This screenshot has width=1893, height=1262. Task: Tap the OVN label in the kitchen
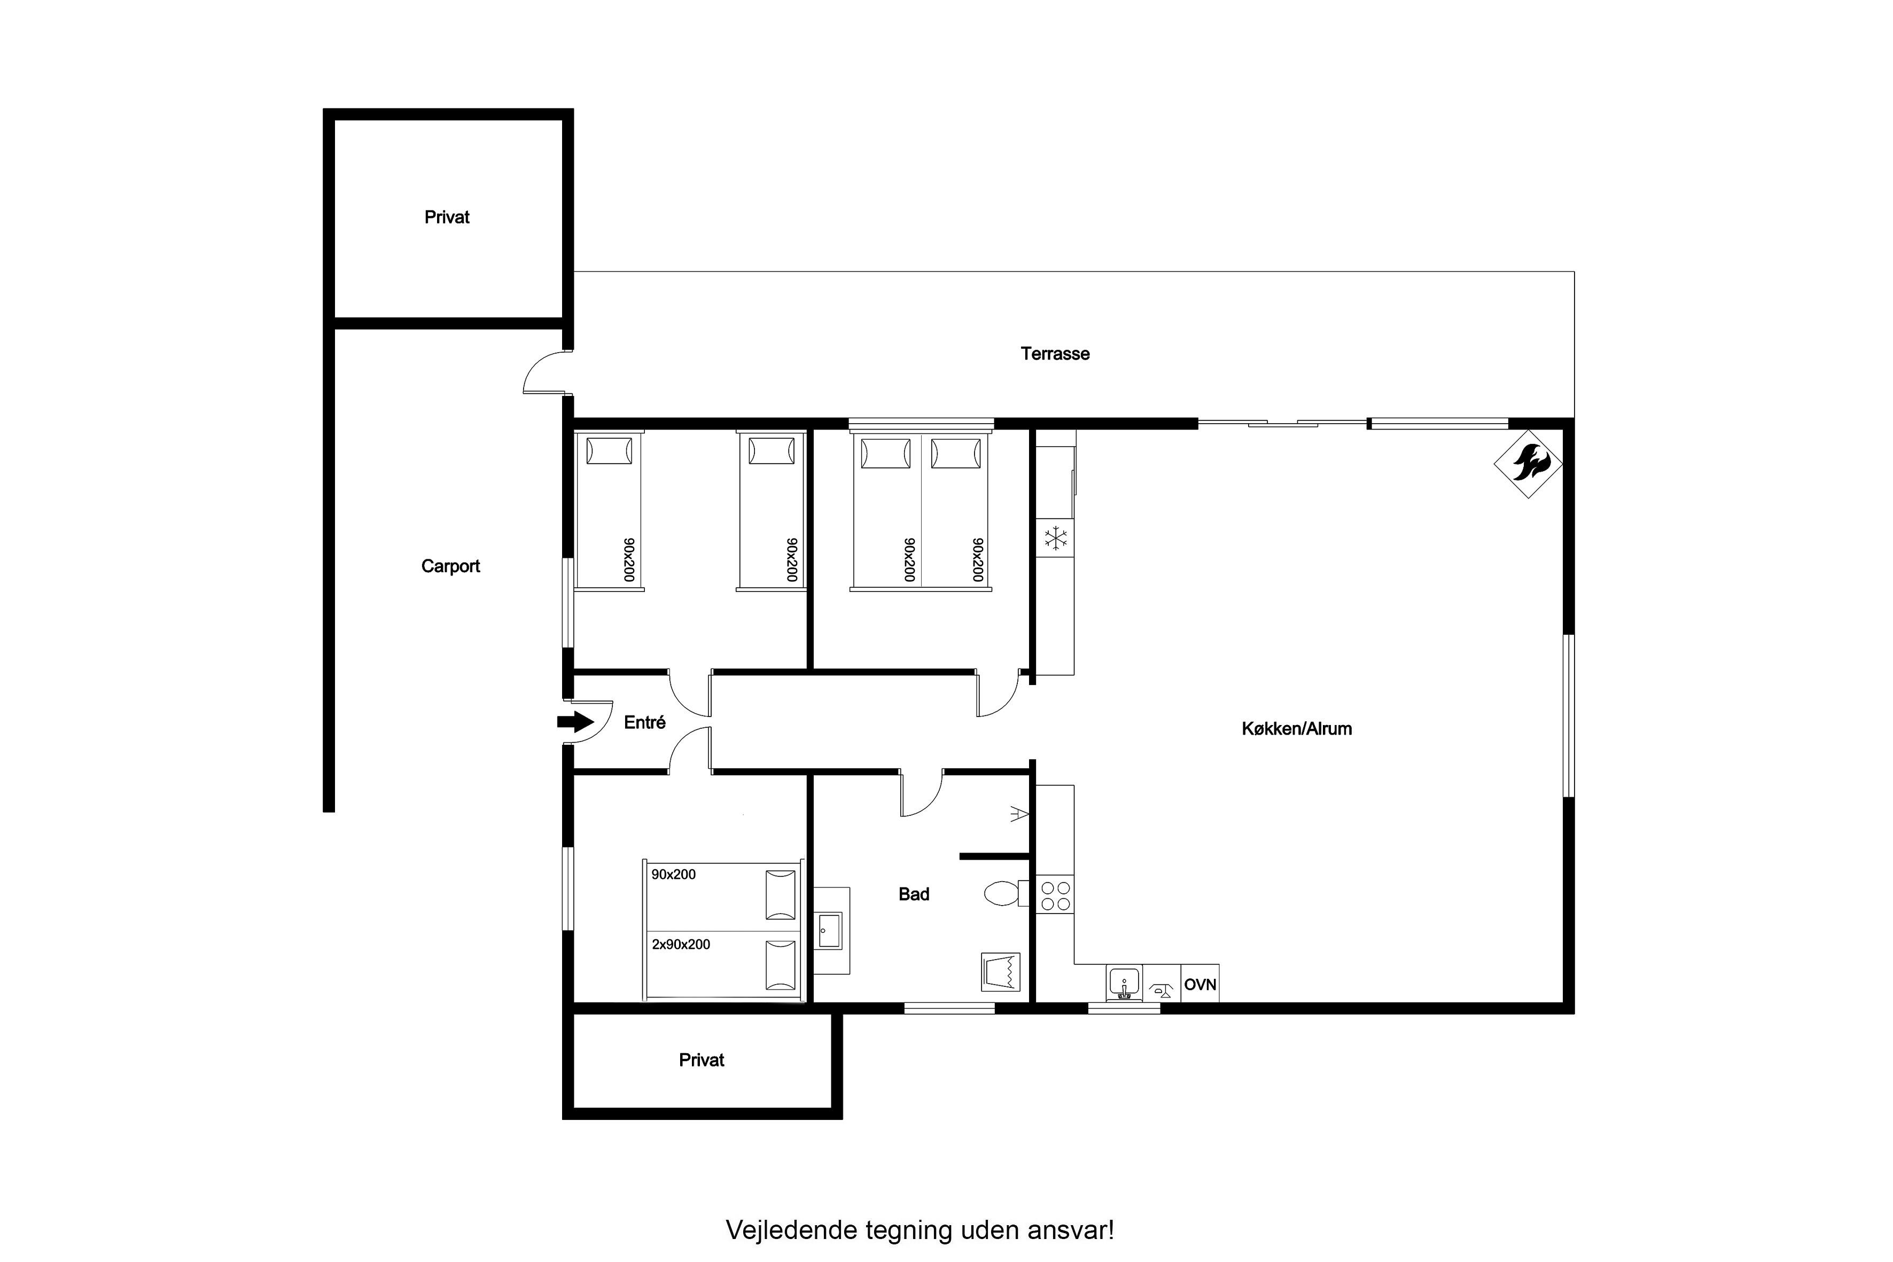pyautogui.click(x=1200, y=984)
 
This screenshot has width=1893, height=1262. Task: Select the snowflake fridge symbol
pyautogui.click(x=1055, y=537)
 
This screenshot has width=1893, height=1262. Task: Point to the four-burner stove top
pyautogui.click(x=1055, y=896)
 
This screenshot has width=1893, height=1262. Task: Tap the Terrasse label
pyautogui.click(x=1055, y=353)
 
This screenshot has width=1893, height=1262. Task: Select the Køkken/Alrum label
pyautogui.click(x=1297, y=728)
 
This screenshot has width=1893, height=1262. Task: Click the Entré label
pyautogui.click(x=645, y=722)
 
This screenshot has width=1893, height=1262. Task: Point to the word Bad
pyautogui.click(x=914, y=893)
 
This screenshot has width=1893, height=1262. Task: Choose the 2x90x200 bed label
pyautogui.click(x=681, y=944)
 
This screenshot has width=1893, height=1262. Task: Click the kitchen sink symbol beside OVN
pyautogui.click(x=1124, y=983)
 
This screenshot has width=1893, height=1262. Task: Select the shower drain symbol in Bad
pyautogui.click(x=1000, y=971)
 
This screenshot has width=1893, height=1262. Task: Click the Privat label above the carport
pyautogui.click(x=447, y=216)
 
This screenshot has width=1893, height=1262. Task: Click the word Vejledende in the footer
pyautogui.click(x=792, y=1230)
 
